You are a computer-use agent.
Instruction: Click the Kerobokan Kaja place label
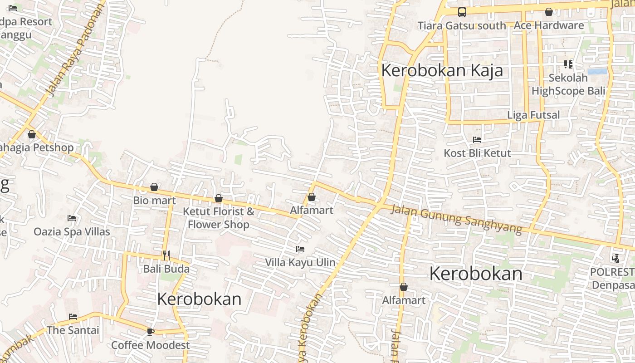442,71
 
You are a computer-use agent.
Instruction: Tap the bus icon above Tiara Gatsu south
462,12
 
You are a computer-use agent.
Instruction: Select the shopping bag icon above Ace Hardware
549,12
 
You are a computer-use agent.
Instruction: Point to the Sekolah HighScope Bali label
568,84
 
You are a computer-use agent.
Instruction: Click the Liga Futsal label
533,115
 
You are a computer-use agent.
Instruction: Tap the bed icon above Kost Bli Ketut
477,140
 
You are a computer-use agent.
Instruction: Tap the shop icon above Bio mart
154,187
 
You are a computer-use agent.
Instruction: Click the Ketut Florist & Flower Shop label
218,218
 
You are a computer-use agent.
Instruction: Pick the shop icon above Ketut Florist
219,198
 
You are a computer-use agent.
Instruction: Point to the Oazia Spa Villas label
72,232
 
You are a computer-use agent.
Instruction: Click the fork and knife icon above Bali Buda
166,255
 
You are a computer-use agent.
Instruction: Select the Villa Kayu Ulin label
300,262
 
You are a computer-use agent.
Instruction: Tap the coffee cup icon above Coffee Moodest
151,332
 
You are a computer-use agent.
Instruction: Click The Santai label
73,330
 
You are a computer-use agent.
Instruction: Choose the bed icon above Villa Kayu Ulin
300,249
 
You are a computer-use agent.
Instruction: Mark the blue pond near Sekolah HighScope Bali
597,72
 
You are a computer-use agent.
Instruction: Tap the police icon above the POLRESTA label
615,259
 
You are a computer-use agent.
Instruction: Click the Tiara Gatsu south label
461,26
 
